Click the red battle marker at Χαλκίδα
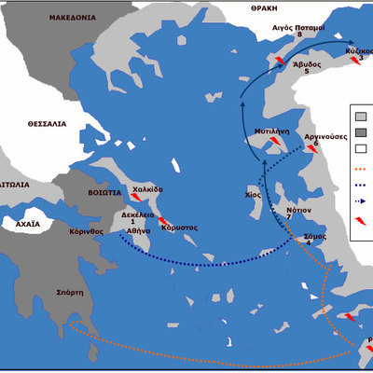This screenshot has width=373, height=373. tap(136, 197)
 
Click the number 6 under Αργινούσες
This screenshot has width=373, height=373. tap(316, 144)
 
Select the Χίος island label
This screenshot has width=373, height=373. tap(251, 197)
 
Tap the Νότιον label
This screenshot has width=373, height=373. tap(298, 211)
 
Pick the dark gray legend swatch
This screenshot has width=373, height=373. tap(360, 132)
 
